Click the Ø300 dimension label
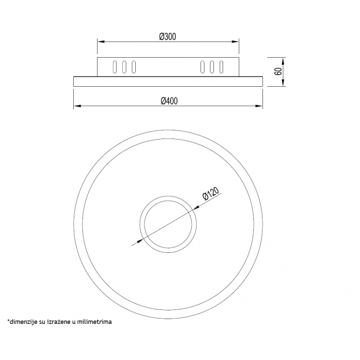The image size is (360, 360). click(x=168, y=37)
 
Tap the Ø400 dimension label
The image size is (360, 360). click(x=169, y=101)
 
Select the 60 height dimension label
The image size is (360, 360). click(x=278, y=72)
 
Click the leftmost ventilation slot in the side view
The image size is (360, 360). click(x=115, y=67)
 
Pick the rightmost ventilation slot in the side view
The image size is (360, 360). click(x=221, y=67)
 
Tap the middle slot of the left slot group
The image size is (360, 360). click(x=124, y=67)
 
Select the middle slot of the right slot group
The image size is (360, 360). click(x=212, y=67)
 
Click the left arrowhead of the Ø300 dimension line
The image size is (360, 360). click(x=101, y=41)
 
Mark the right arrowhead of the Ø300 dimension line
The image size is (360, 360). click(x=236, y=41)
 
